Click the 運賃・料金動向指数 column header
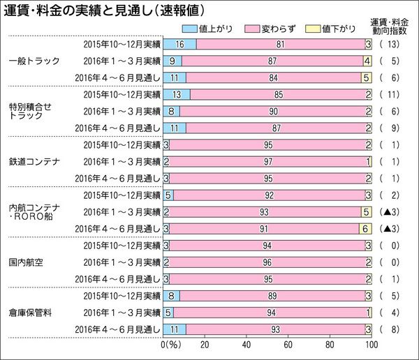pos(392,29)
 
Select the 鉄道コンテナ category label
pos(33,162)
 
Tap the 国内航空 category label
pos(28,262)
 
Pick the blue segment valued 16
pos(180,44)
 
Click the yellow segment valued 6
pos(365,229)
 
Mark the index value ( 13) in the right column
pos(390,44)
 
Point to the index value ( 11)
pos(390,94)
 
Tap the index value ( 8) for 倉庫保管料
pos(390,329)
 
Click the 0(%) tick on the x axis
pos(170,345)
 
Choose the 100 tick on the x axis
pos(371,345)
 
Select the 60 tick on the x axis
pos(288,345)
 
